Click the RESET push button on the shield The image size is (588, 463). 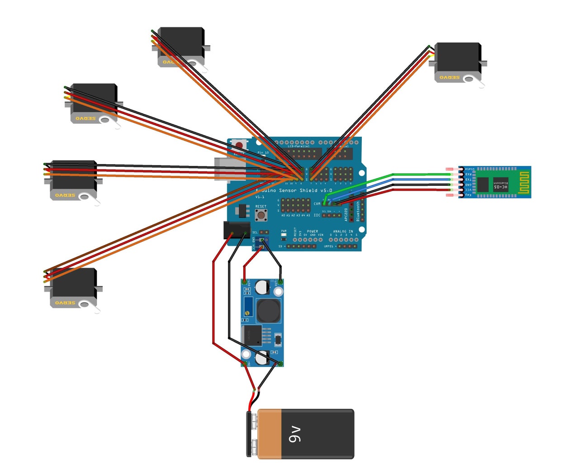(261, 215)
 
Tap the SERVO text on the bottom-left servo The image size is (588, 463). (65, 302)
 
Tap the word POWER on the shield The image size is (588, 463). (312, 231)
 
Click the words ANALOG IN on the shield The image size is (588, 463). (343, 231)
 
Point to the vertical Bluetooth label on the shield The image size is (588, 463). (358, 211)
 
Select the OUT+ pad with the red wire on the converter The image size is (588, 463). (245, 282)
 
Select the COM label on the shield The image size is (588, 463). (317, 204)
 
